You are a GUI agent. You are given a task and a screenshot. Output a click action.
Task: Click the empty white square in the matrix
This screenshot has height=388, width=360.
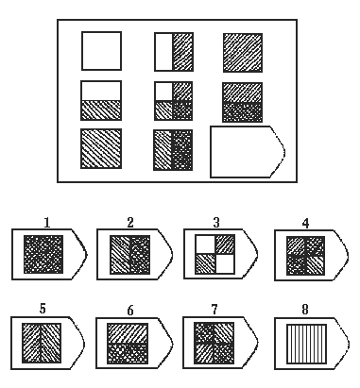point(101,51)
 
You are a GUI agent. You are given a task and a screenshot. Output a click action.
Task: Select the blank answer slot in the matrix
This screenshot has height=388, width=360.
point(248,152)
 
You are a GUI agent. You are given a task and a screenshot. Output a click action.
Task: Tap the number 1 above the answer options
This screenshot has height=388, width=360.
point(47,223)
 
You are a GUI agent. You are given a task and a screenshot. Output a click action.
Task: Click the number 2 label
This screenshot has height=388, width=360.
point(130,223)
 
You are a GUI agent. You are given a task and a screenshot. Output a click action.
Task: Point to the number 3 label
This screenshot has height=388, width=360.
point(216,223)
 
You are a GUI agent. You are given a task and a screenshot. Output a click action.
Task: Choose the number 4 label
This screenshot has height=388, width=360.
point(305,224)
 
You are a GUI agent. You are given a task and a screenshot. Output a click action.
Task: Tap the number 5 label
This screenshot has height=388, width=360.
point(43,309)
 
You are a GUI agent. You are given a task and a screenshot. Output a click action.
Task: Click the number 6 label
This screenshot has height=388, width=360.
point(130,311)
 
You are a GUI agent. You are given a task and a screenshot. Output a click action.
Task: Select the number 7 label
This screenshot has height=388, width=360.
point(214,310)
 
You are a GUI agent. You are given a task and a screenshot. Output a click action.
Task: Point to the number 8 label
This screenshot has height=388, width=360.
point(305,310)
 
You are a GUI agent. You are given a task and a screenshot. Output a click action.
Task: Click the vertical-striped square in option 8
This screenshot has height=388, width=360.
point(306,344)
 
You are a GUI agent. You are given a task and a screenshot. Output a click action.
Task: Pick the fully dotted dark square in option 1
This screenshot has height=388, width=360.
point(43,254)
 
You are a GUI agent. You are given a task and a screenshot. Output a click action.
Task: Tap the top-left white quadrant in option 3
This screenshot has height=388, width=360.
point(205,245)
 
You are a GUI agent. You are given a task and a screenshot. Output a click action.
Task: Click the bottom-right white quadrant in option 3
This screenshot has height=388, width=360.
point(225,263)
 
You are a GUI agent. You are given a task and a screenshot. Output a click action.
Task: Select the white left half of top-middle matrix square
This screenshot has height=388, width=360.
point(163,52)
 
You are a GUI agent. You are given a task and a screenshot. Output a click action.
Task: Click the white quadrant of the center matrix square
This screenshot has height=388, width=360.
point(163,92)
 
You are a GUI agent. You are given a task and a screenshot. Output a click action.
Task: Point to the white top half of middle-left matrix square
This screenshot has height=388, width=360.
point(101,91)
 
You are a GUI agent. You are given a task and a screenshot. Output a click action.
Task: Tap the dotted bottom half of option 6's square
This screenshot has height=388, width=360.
point(128,353)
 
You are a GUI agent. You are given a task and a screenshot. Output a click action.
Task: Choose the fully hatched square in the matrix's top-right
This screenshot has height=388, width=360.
point(243,53)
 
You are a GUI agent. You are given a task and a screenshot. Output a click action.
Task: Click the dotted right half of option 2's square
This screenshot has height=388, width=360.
point(140,255)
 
